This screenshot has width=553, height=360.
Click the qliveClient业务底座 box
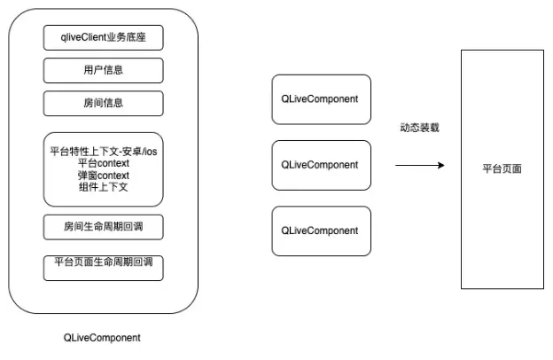(103, 38)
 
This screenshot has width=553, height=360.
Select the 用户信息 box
(103, 70)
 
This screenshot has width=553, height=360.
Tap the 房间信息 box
(103, 103)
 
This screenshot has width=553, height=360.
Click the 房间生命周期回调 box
(103, 226)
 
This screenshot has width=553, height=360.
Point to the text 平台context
(104, 164)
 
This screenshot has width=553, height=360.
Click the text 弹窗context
(104, 176)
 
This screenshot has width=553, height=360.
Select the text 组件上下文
(104, 188)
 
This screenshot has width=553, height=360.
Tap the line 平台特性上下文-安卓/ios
(104, 152)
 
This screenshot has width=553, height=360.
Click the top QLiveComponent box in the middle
(320, 98)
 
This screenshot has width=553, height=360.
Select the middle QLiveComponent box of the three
(320, 164)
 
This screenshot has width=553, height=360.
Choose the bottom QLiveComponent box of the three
(320, 231)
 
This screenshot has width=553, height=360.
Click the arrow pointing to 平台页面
(419, 165)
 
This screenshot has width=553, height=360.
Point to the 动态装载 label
(419, 128)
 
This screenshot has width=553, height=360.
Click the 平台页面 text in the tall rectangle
(501, 168)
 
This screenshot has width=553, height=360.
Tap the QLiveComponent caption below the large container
(102, 338)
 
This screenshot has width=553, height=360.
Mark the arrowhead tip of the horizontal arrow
(443, 165)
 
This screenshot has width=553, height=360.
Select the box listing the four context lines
(103, 169)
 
